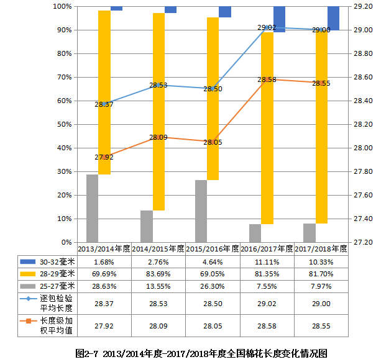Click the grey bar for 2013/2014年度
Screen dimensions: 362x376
(x=92, y=208)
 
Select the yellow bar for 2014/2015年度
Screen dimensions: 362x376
(x=158, y=112)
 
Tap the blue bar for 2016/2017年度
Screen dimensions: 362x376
(x=279, y=19)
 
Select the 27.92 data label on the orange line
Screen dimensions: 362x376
(x=104, y=158)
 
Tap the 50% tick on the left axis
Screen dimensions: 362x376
(x=64, y=124)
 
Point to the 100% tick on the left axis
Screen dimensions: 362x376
(x=63, y=6)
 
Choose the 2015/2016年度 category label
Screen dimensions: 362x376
(x=213, y=248)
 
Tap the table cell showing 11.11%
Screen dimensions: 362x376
(x=267, y=261)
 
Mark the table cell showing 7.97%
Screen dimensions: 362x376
(x=321, y=286)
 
